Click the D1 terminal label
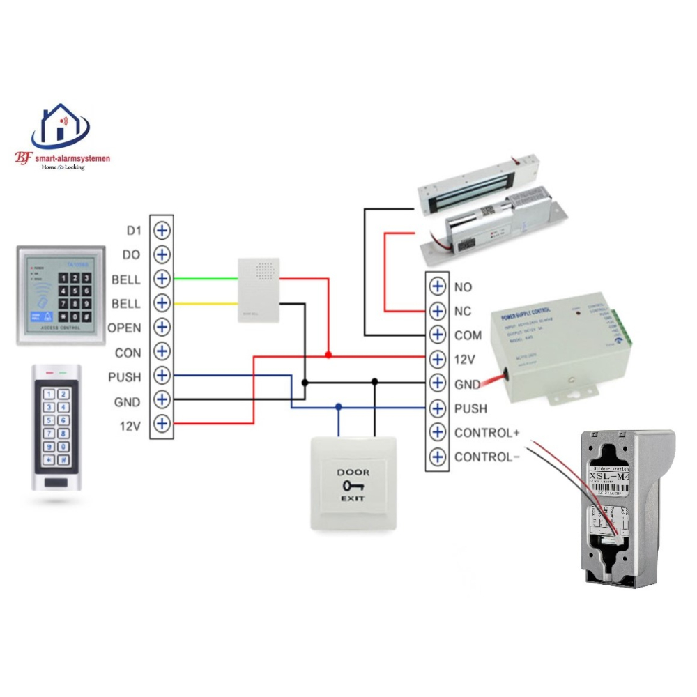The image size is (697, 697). (x=133, y=231)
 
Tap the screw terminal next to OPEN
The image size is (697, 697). (x=162, y=327)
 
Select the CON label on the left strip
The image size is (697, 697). (x=128, y=353)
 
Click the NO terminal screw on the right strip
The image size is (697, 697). (x=437, y=286)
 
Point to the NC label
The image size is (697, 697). (x=463, y=311)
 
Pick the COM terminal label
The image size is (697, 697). (x=468, y=335)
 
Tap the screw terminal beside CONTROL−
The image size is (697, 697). (x=437, y=457)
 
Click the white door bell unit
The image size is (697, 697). (x=259, y=290)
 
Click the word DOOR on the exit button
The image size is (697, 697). (x=353, y=473)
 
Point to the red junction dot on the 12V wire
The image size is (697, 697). (x=328, y=355)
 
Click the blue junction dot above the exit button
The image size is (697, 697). (x=339, y=406)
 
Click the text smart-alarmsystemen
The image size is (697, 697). (x=71, y=158)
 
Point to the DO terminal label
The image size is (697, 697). (x=132, y=255)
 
